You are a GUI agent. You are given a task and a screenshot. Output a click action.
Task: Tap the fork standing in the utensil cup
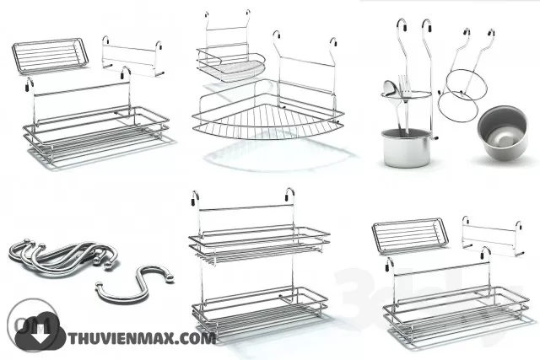pos(404,84)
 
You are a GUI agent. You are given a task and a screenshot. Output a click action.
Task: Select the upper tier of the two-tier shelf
pos(258,238)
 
